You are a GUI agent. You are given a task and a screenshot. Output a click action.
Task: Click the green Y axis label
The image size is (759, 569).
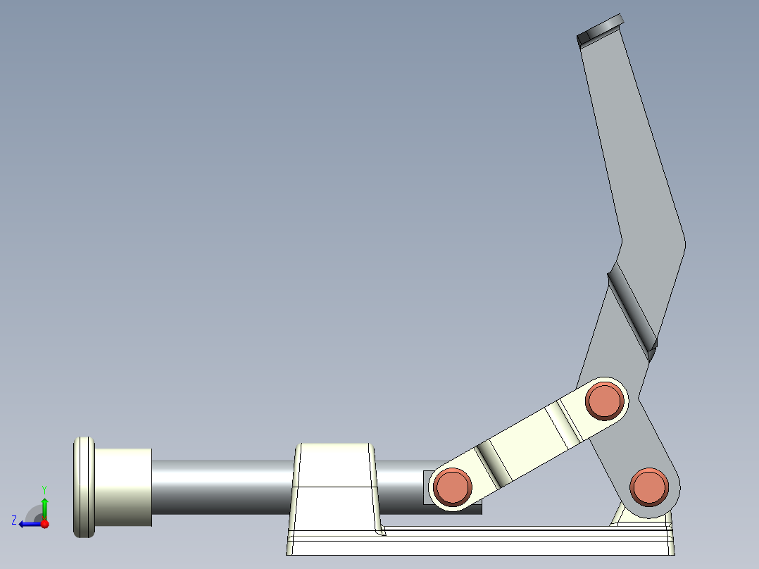pyautogui.click(x=44, y=489)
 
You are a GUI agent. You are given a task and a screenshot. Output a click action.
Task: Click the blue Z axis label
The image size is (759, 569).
pyautogui.click(x=14, y=520)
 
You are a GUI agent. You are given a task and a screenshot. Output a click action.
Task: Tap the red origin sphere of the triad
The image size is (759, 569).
pyautogui.click(x=44, y=524)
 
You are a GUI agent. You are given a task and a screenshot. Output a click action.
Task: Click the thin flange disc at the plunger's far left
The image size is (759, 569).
pyautogui.click(x=83, y=487)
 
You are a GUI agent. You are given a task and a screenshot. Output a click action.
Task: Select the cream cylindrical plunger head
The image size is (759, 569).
pyautogui.click(x=123, y=487)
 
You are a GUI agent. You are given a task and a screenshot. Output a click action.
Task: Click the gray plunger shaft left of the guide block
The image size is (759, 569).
pyautogui.click(x=222, y=486)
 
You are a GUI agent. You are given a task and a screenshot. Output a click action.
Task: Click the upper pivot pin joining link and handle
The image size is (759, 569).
pyautogui.click(x=605, y=401)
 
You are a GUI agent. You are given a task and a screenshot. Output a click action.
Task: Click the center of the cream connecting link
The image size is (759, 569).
pyautogui.click(x=528, y=444)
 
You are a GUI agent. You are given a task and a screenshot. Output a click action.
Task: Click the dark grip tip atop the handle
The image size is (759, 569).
pyautogui.click(x=601, y=30)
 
